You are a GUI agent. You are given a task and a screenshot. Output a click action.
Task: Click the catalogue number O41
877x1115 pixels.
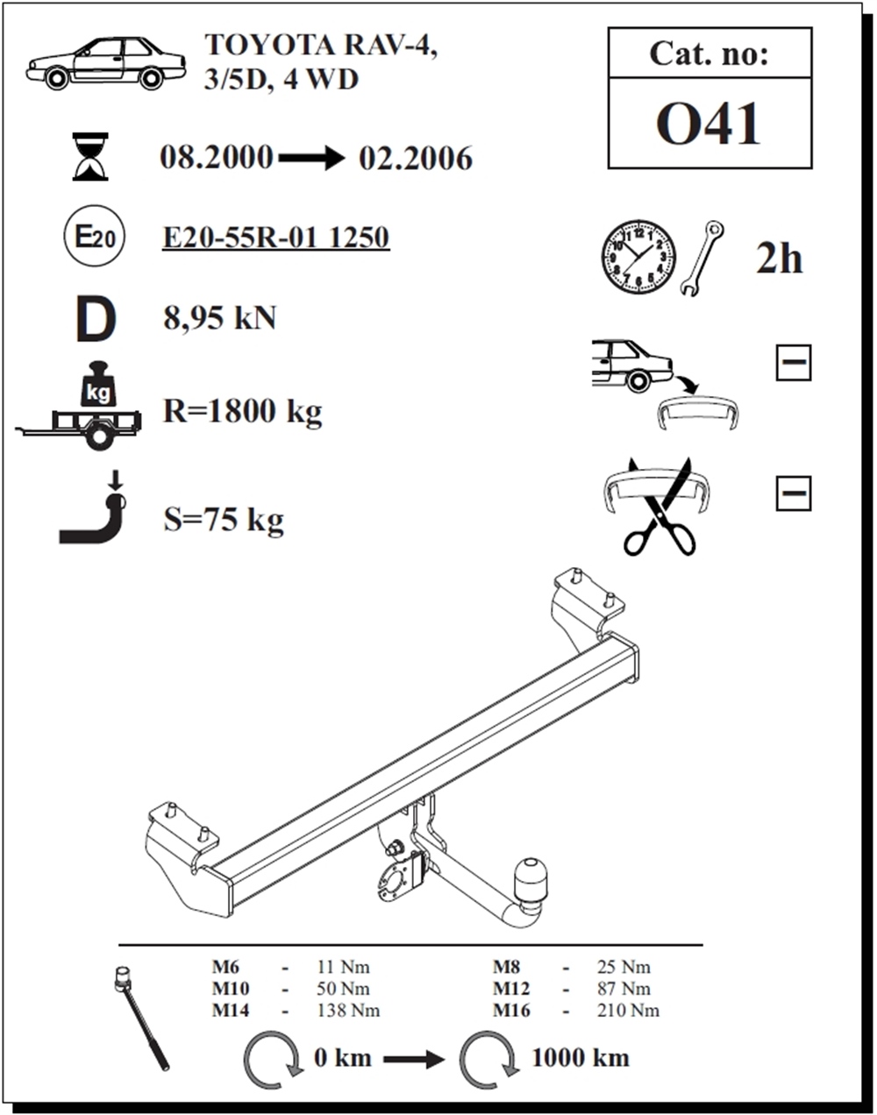(708, 124)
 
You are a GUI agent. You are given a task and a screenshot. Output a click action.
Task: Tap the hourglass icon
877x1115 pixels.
(90, 157)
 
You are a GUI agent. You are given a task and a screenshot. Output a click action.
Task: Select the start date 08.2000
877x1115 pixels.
(216, 158)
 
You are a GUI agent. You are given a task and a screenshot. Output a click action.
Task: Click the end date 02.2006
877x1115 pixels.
(416, 159)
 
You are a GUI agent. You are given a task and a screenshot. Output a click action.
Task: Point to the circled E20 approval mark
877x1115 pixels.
(94, 237)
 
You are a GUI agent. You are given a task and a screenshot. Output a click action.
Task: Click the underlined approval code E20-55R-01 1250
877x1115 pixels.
(275, 238)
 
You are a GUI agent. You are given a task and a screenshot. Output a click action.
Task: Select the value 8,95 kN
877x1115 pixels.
(220, 317)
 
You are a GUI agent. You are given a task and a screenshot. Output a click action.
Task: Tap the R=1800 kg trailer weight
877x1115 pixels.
(243, 412)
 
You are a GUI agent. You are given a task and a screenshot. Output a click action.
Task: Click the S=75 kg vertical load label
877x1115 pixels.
(224, 520)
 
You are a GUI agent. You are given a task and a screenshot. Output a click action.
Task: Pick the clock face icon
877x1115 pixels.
(638, 257)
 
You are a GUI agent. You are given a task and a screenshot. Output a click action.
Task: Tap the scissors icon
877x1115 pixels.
(659, 507)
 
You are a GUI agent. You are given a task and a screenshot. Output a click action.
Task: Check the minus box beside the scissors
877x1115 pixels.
(794, 494)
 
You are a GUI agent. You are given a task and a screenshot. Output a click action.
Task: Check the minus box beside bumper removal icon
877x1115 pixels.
(794, 362)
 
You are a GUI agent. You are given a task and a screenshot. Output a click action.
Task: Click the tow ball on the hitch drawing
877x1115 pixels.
(531, 875)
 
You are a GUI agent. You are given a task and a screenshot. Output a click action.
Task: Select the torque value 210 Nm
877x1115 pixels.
(628, 1011)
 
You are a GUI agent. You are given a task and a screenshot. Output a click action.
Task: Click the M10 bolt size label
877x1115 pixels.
(231, 989)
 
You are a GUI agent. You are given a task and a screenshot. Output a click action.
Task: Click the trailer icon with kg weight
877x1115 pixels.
(79, 405)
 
